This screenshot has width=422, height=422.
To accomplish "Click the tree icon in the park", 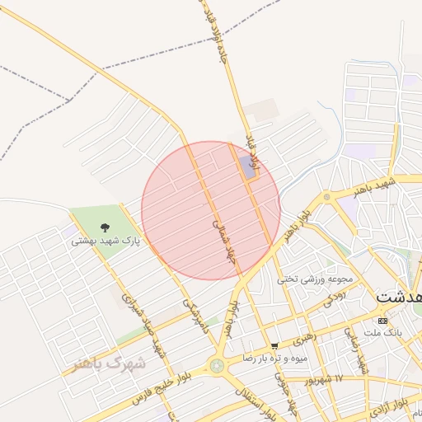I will click(105, 227).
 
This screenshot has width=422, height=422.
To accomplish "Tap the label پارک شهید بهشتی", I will click(105, 241).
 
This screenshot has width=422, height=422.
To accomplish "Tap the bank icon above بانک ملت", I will click(382, 320).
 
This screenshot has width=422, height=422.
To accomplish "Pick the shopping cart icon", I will click(274, 345).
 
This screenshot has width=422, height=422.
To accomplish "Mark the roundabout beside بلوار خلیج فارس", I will click(217, 365).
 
